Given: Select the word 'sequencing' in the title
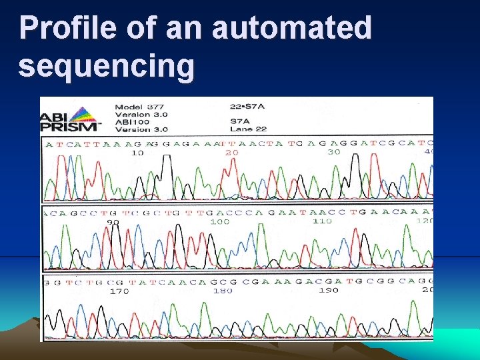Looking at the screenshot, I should point(107,66).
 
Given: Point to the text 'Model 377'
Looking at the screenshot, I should point(141,107).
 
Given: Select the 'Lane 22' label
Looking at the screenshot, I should point(249,129).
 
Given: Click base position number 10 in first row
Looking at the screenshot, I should point(137,153).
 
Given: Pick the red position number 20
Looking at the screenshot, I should point(231,153).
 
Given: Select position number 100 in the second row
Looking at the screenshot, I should point(220,221).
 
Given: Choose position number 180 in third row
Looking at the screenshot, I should point(223,290).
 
